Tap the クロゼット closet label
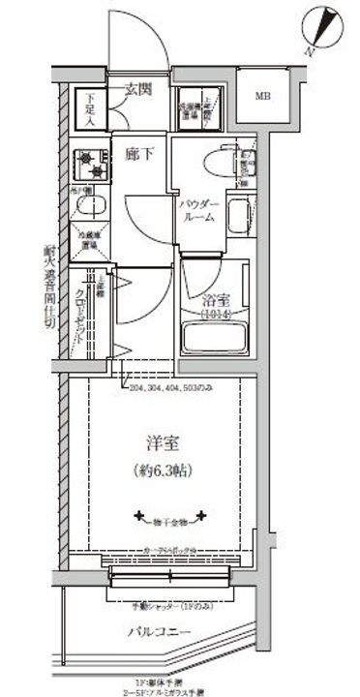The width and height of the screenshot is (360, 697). [98, 311]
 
